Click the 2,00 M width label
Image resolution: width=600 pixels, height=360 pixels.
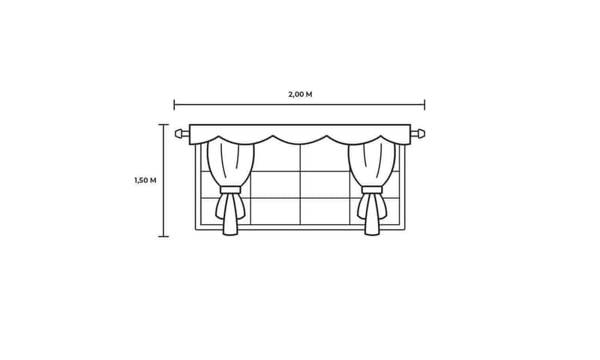301,94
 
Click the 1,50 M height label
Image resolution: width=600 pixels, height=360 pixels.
145,180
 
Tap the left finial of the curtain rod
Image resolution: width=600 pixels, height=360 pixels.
179,133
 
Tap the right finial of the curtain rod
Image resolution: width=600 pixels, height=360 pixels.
420,133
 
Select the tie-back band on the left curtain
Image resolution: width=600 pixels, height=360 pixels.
230,190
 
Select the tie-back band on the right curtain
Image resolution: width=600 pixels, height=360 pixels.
372,190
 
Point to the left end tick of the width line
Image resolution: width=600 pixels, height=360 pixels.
174,104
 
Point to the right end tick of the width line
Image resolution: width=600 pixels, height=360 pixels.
424,104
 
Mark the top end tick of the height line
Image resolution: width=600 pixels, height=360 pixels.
163,124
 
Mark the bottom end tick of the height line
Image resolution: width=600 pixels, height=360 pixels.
163,236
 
